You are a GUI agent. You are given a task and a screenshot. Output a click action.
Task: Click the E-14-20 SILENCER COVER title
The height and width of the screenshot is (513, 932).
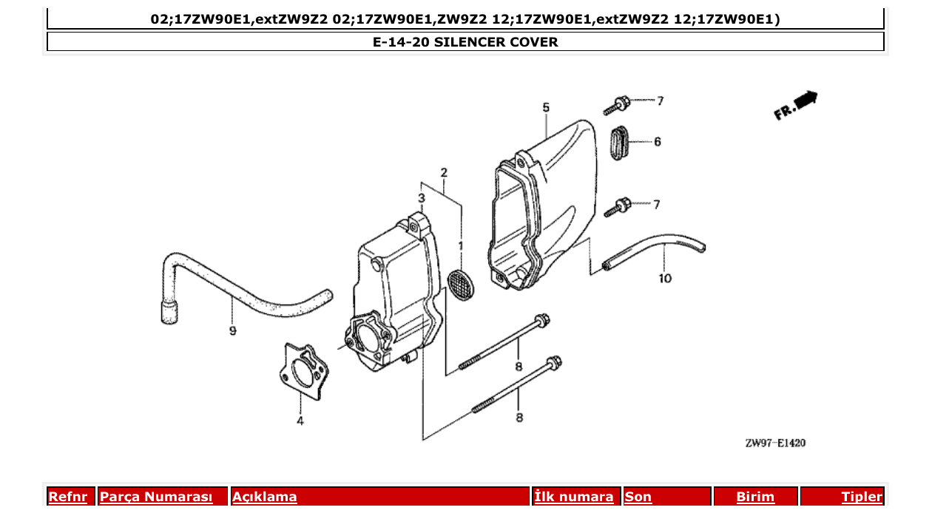465,42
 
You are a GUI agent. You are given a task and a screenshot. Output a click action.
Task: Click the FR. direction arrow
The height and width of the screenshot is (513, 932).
796,105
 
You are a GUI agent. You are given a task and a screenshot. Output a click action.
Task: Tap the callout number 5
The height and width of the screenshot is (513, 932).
546,108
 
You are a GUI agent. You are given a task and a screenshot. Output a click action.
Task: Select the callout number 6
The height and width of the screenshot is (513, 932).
657,141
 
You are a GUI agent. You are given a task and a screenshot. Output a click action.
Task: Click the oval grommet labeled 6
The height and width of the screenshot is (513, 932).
619,141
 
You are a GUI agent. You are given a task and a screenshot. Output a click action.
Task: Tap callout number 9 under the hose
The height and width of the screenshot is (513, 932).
232,331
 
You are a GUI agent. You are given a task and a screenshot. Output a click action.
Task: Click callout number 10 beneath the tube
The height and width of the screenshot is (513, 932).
665,279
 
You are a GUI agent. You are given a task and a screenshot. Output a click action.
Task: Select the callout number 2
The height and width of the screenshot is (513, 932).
444,173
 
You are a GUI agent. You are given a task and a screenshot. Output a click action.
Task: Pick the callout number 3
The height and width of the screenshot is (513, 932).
421,198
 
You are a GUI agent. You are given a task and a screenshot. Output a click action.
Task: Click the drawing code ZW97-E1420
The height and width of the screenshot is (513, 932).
775,444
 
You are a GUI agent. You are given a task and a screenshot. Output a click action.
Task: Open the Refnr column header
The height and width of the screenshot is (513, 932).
67,497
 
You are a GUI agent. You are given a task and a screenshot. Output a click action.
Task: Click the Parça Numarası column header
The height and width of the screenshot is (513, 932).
156,497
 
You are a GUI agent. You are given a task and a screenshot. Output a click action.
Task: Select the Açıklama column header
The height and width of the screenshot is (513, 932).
265,497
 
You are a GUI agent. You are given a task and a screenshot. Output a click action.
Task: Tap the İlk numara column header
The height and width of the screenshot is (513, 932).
574,497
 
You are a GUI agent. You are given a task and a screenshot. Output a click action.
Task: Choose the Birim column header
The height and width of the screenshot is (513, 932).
755,497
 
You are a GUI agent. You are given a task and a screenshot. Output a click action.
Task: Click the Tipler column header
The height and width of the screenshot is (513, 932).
862,497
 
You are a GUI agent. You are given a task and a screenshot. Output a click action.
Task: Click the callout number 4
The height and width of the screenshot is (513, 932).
300,422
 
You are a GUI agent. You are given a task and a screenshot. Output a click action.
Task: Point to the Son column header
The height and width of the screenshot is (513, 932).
638,497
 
